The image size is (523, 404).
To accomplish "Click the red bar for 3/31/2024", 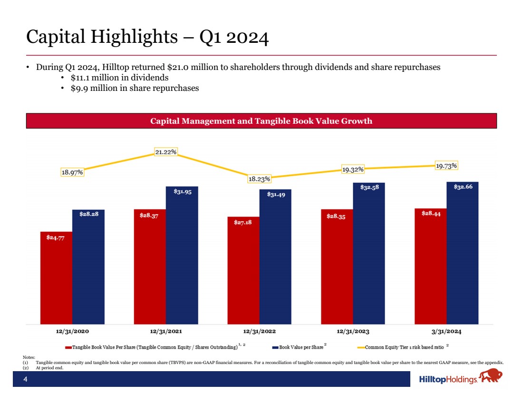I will pyautogui.click(x=430, y=266).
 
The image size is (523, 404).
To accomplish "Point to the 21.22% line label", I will pyautogui.click(x=166, y=152).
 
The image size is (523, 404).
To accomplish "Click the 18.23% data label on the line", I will pyautogui.click(x=260, y=179).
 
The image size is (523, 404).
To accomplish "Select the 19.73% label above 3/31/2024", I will pyautogui.click(x=446, y=166).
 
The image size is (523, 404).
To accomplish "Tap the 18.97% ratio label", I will pyautogui.click(x=72, y=172).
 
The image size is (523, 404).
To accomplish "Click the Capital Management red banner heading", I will pyautogui.click(x=261, y=121).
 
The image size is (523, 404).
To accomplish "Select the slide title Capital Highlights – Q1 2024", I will pyautogui.click(x=147, y=37).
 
